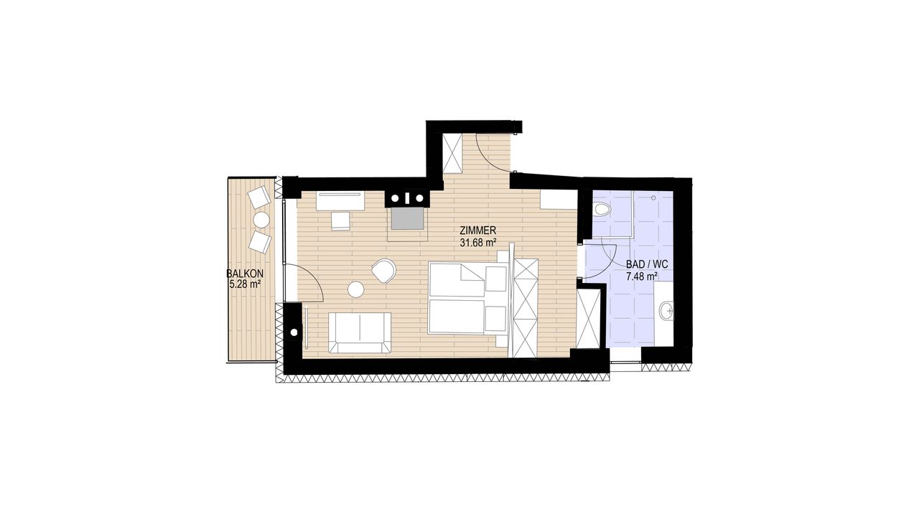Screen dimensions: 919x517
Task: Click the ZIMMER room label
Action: coord(478,230)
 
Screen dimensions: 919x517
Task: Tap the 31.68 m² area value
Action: coord(477,243)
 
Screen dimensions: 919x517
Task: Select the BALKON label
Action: coord(245,274)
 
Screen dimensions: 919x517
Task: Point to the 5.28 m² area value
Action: coord(245,284)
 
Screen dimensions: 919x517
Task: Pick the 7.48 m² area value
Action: coord(641,276)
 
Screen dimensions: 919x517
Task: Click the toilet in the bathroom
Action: coord(602,210)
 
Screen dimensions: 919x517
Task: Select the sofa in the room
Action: coord(360,332)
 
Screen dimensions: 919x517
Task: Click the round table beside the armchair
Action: coord(355,289)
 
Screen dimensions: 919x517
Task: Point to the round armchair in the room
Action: coord(383,271)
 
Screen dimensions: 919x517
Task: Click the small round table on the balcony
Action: coord(261,220)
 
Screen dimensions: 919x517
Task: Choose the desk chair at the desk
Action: coord(340,220)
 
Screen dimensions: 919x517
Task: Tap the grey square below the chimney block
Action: coord(407,219)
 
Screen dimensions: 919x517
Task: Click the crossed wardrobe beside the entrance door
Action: coord(452,153)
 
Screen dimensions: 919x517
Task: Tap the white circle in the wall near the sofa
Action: coord(294,332)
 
